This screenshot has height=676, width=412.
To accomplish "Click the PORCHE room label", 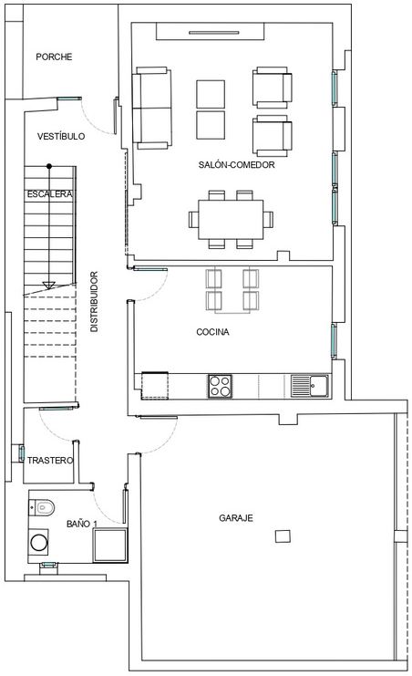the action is (x=54, y=57).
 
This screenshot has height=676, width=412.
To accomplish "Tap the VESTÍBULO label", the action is (x=61, y=136).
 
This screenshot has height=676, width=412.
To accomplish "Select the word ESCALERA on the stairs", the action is (x=49, y=194).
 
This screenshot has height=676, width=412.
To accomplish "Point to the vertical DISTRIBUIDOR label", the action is (x=94, y=301).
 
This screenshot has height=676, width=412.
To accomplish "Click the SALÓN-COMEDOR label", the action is (x=236, y=164).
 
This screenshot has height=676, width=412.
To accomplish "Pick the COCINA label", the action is (x=212, y=331).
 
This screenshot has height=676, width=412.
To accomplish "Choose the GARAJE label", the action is (x=236, y=518).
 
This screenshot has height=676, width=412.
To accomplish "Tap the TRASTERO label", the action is (x=50, y=461).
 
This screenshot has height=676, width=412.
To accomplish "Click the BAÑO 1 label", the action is (x=82, y=524).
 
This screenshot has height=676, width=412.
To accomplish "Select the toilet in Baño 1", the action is (x=42, y=507).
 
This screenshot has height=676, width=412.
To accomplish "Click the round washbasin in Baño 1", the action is (x=39, y=543).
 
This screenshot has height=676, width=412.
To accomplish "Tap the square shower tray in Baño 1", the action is (x=110, y=546).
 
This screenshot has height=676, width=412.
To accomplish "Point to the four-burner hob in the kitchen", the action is (x=221, y=386).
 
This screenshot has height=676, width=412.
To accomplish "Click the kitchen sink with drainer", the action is (x=309, y=386).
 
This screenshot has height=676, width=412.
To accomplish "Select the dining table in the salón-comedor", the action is (x=231, y=220).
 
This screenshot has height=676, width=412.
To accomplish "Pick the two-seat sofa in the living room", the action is (x=151, y=108).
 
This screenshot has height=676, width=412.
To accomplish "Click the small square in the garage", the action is (x=283, y=536).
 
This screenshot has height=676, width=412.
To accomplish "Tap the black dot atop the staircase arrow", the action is (x=49, y=166).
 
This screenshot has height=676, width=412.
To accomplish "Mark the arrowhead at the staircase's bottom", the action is (x=48, y=285).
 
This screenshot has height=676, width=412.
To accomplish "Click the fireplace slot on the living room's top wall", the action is (x=214, y=32).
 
